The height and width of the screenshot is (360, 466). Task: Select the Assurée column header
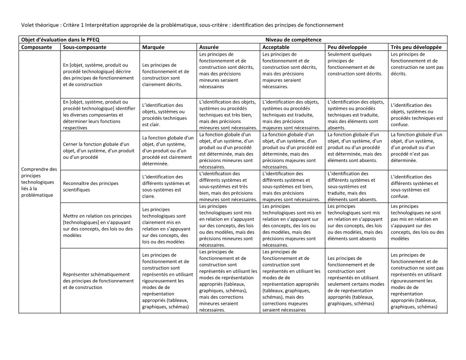[x=209, y=47]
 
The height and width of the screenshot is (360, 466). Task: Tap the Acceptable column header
[x=276, y=47]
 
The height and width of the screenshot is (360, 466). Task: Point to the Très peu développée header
[x=416, y=47]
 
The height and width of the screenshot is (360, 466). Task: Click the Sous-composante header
[x=85, y=47]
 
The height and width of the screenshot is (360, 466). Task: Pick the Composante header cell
[x=37, y=47]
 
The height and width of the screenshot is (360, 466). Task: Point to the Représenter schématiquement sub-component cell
[x=98, y=281]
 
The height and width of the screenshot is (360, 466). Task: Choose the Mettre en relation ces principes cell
[x=98, y=225]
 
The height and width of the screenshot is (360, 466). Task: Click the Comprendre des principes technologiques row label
[x=39, y=182]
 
